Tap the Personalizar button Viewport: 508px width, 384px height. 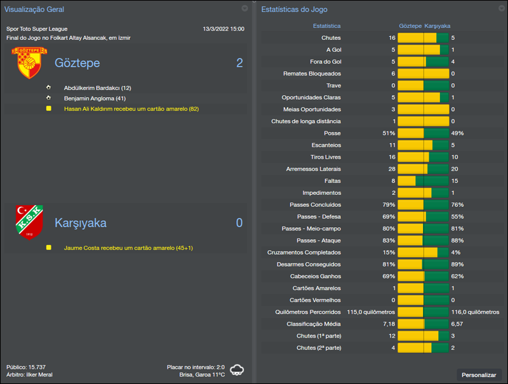tap(479, 375)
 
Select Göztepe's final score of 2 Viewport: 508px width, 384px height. tap(239, 63)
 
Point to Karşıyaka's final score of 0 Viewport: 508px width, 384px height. tap(239, 223)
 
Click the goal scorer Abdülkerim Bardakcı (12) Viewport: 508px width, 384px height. tap(97, 88)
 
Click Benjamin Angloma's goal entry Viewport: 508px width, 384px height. tap(95, 98)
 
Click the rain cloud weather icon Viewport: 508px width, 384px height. tap(237, 370)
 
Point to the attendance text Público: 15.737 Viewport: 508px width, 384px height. tap(26, 367)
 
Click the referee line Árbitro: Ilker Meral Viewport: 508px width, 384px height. tap(29, 374)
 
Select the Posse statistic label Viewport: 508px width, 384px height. tap(331, 133)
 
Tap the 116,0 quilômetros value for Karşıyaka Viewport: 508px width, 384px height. tap(475, 312)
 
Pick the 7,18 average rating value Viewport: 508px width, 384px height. tap(389, 324)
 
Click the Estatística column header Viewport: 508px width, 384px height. tap(326, 26)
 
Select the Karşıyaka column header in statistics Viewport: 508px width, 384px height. tap(437, 26)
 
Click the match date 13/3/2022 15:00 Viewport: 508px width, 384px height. tap(223, 29)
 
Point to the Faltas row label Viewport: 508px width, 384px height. tap(332, 181)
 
